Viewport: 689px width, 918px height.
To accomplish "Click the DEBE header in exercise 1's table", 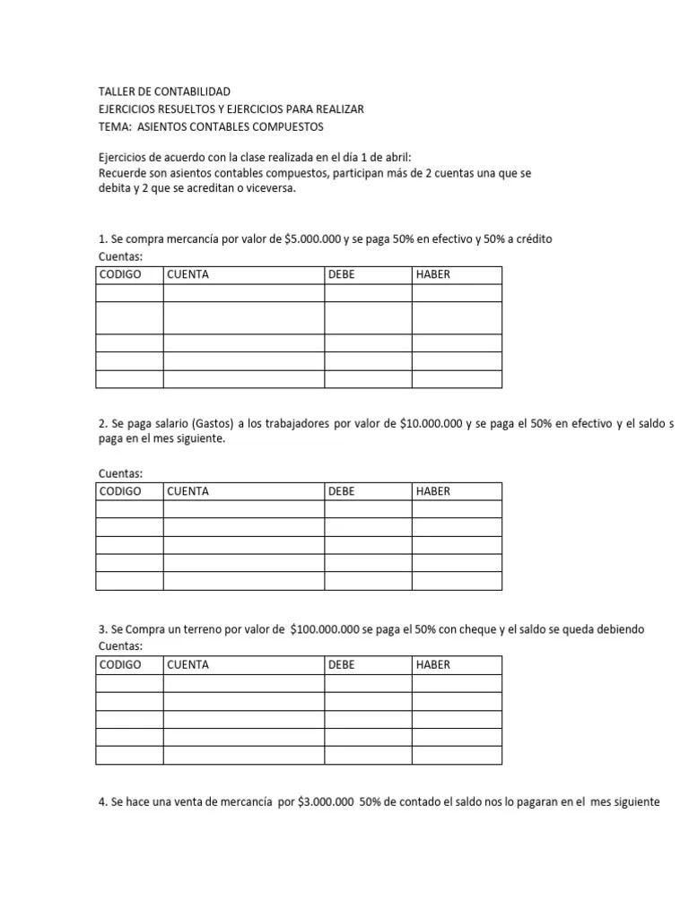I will coord(342,274).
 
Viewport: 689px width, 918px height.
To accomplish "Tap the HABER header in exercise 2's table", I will coord(433,491).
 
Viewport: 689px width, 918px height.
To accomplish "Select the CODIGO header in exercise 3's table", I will coord(120,664).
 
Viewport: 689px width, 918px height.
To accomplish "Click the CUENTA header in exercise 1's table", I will coord(188,274).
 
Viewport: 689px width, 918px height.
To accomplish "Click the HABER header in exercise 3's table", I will coord(433,664).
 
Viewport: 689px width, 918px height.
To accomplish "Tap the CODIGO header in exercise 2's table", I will coord(120,491).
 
